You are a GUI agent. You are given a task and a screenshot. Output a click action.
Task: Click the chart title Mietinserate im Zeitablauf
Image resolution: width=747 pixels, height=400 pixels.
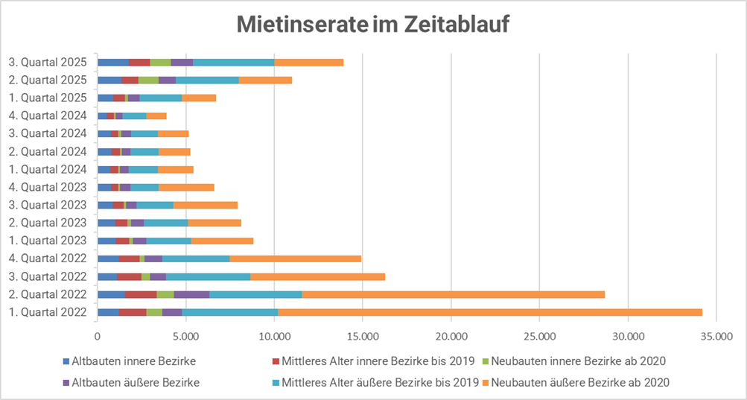point(373,25)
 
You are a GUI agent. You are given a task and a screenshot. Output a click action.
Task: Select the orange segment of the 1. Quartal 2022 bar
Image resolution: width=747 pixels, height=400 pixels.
point(490,312)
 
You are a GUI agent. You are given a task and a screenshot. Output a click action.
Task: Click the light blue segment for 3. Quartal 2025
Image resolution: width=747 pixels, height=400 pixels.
point(233,62)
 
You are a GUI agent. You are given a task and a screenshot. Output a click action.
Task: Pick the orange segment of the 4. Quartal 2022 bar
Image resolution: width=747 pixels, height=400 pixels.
point(295,258)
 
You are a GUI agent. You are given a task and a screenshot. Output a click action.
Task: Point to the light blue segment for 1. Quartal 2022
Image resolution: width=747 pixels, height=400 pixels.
point(230,312)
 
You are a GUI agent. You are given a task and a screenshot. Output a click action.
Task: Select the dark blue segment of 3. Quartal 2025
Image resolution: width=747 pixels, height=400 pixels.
point(112,62)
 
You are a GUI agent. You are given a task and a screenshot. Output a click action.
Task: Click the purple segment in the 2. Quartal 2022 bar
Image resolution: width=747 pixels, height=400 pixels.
point(191,294)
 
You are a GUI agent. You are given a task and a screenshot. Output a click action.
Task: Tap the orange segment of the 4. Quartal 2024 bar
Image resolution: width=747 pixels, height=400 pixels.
point(156,115)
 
